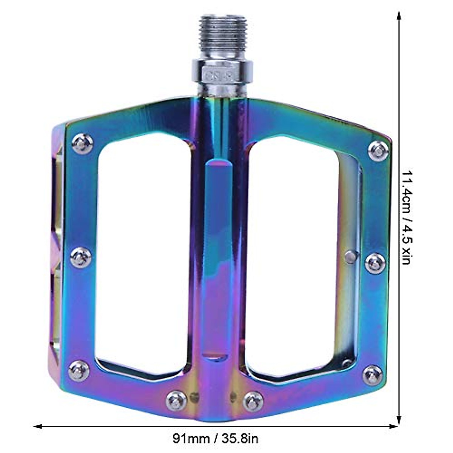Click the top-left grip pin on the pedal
pyautogui.click(x=82, y=143)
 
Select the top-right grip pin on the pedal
pyautogui.click(x=378, y=151)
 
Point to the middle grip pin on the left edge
pyautogui.click(x=81, y=258)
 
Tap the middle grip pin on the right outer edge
pyautogui.click(x=376, y=263)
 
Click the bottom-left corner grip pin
pyautogui.click(x=79, y=371)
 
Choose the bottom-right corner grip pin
pyautogui.click(x=373, y=375)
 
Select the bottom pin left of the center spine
pyautogui.click(x=176, y=401)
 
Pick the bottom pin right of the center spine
pyautogui.click(x=253, y=401)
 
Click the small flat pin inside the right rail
pyautogui.click(x=351, y=257)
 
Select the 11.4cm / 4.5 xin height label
pyautogui.click(x=407, y=217)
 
